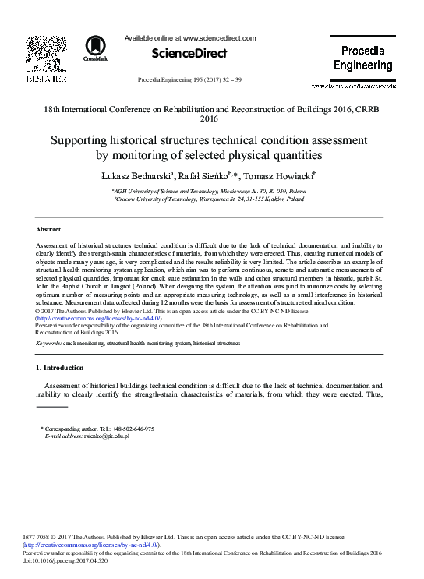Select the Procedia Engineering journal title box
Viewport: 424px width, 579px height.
click(362, 58)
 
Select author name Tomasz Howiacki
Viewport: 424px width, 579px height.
click(275, 175)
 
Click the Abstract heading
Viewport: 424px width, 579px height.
click(49, 229)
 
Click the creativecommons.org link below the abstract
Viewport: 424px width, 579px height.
click(99, 319)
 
